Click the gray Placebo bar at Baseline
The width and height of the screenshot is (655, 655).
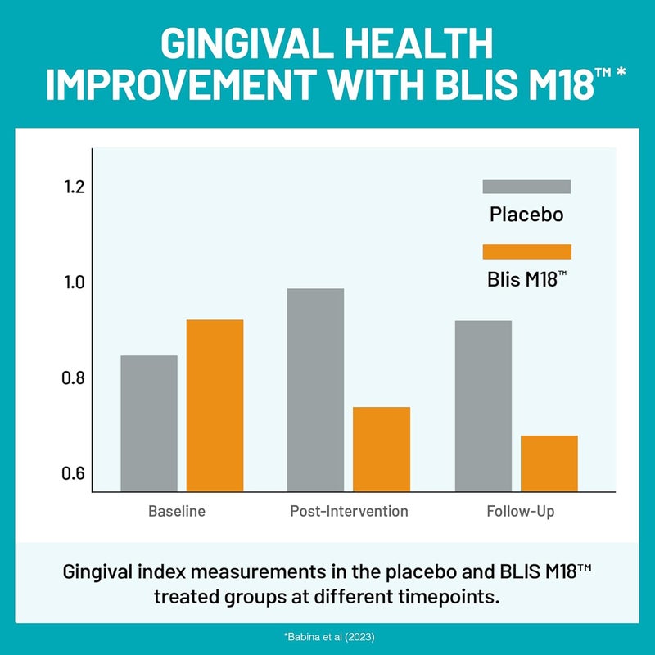(x=149, y=423)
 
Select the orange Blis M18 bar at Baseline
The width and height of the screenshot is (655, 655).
(x=215, y=405)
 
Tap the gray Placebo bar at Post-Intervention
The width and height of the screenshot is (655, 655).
(x=315, y=390)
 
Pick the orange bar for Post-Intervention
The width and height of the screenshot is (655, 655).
(x=382, y=449)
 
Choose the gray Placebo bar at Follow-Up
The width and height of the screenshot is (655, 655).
(x=483, y=405)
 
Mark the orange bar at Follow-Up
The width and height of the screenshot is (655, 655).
(x=549, y=463)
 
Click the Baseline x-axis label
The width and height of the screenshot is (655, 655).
(x=177, y=512)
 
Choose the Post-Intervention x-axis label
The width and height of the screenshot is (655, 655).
(x=349, y=512)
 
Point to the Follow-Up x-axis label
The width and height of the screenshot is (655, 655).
(x=521, y=512)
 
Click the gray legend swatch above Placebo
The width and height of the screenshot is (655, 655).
(x=526, y=187)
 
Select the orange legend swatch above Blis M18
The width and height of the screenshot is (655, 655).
(x=526, y=251)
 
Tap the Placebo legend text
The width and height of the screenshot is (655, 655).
(x=526, y=215)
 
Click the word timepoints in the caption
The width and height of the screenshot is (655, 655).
(x=449, y=595)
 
